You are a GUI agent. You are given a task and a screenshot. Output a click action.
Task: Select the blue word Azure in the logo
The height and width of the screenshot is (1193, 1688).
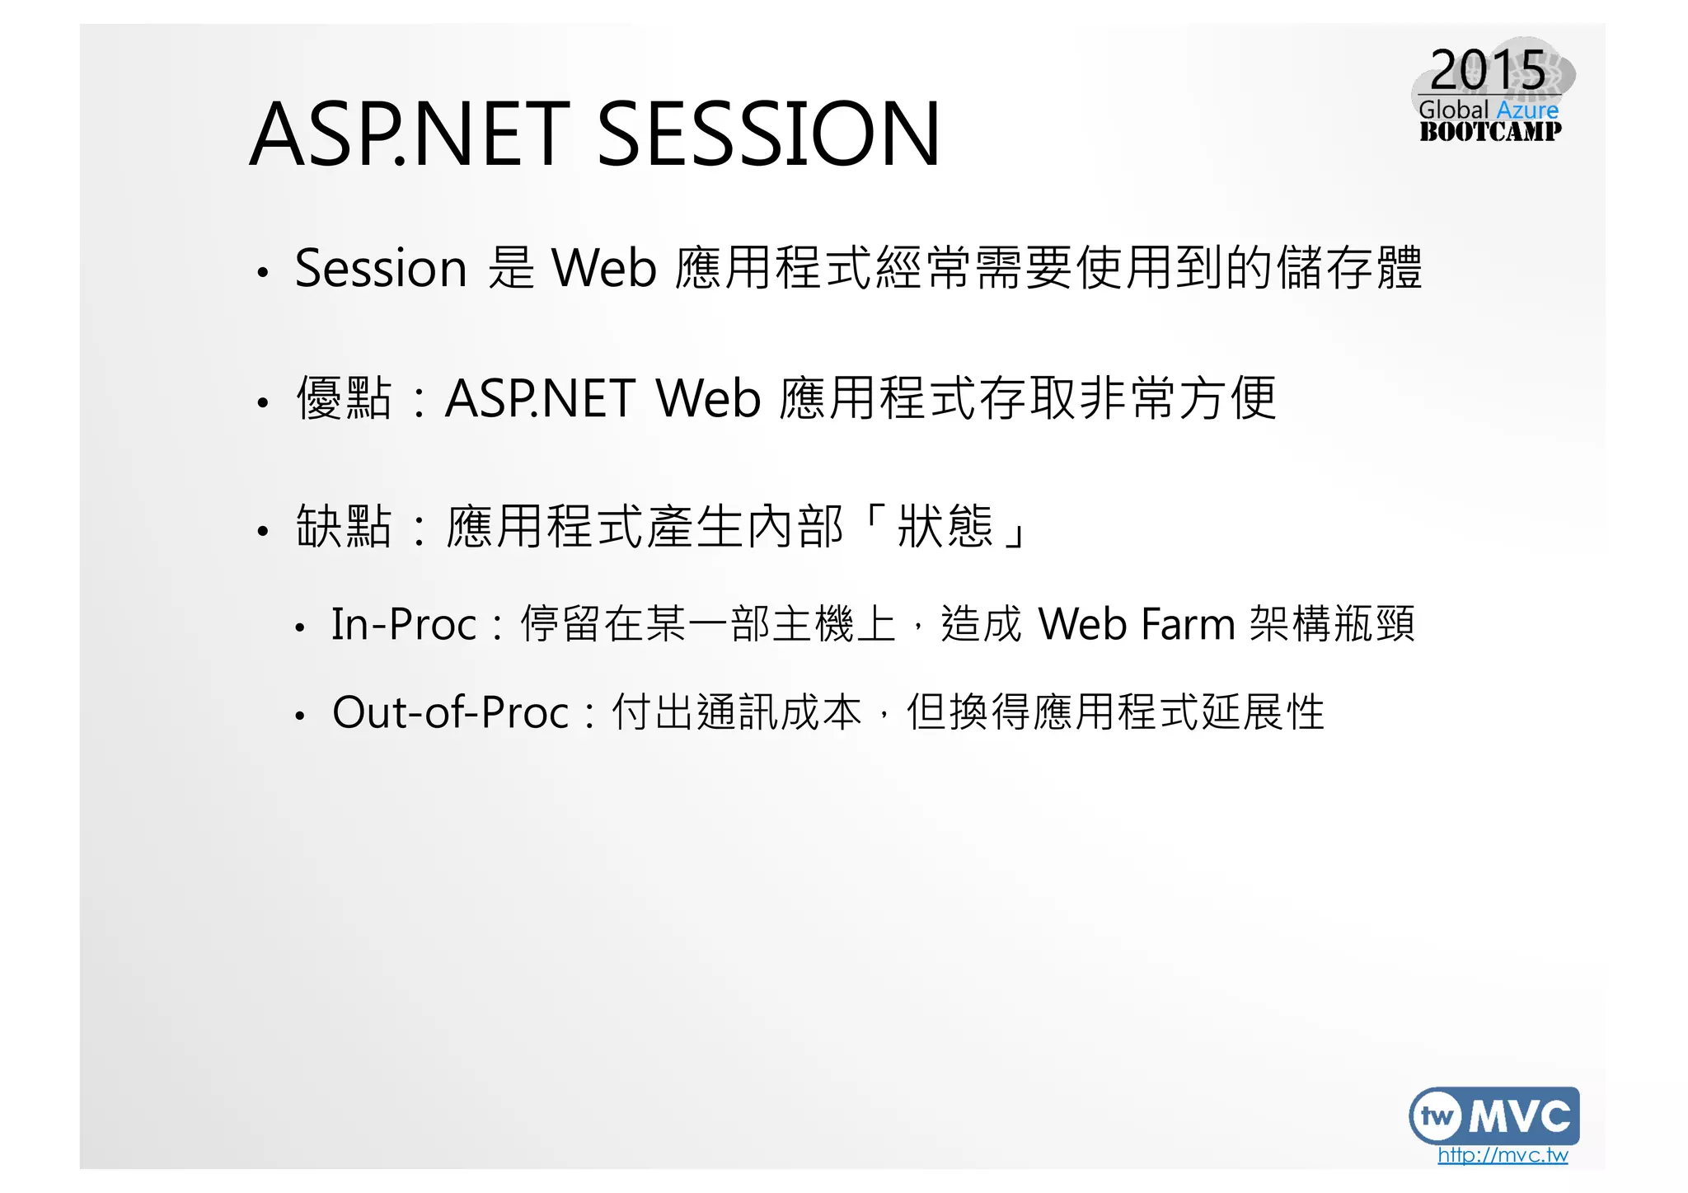[x=1527, y=110]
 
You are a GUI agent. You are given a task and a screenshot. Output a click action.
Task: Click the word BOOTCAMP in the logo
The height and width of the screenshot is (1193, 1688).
[x=1489, y=131]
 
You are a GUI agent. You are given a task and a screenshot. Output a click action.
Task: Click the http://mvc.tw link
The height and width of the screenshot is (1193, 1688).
[x=1502, y=1154]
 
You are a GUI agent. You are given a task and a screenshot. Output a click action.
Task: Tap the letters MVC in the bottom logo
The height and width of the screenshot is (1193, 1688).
[x=1520, y=1116]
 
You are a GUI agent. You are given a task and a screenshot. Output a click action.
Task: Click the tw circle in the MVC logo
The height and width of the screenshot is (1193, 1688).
[x=1438, y=1116]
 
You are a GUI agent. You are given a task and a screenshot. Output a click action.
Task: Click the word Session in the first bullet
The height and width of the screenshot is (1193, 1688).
[x=381, y=268]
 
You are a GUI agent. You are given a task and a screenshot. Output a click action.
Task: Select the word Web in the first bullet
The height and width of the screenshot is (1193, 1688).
[x=603, y=268]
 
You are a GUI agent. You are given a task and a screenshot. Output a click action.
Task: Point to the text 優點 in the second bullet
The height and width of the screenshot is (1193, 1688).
[x=344, y=398]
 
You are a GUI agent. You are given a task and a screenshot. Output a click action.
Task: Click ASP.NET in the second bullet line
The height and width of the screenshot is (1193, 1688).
[x=540, y=398]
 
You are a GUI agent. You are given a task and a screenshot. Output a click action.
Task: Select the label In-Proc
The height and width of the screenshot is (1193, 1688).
[x=404, y=624]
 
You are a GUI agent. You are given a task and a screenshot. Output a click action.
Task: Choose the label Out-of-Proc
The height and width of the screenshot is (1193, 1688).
[x=450, y=712]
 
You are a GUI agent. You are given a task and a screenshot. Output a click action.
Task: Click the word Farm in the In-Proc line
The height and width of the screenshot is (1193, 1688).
[x=1188, y=624]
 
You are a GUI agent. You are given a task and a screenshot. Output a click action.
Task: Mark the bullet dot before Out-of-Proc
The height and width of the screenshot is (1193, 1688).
[x=300, y=716]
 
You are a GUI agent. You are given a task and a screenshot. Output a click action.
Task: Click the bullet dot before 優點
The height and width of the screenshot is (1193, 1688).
[x=262, y=403]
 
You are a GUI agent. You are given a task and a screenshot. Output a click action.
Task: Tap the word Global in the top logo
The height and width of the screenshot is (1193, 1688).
[x=1453, y=110]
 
